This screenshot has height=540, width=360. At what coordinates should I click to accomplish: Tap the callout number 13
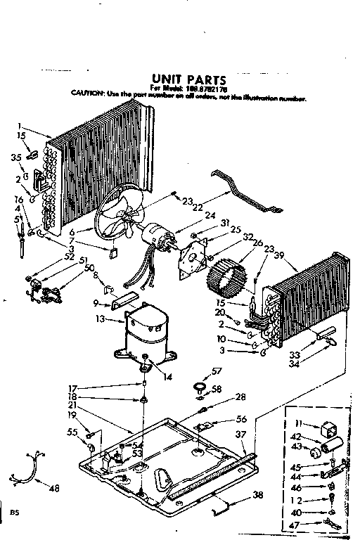coord(100,319)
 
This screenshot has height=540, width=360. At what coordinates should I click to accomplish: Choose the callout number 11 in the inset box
coord(298,423)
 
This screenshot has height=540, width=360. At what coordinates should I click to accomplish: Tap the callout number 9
coord(95,304)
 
